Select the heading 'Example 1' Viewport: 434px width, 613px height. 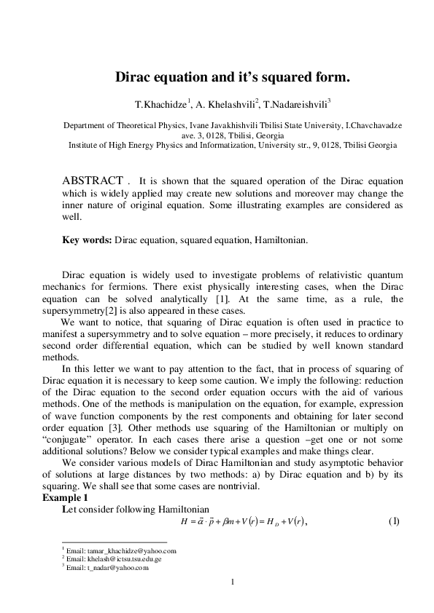point(63,497)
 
